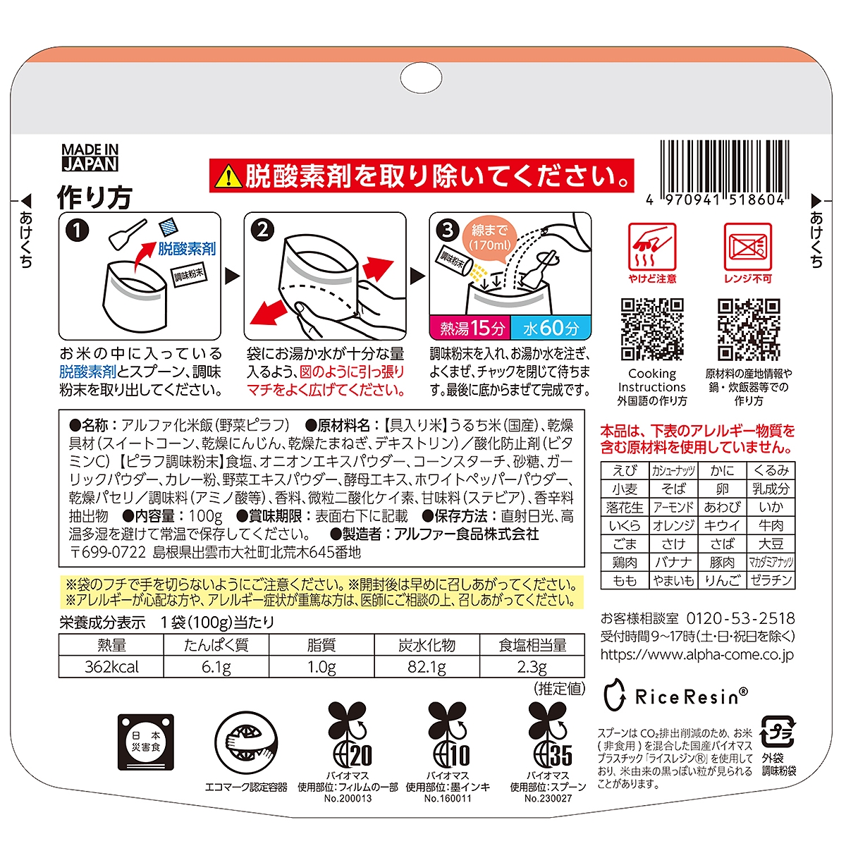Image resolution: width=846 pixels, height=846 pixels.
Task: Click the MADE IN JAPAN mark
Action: point(90,157)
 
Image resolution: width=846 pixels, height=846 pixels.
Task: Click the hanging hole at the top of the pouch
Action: point(422,78)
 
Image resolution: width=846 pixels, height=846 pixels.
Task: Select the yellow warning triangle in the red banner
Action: point(228,176)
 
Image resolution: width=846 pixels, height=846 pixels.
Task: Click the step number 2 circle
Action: point(262,230)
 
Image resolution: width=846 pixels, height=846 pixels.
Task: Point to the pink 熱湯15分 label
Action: point(470,328)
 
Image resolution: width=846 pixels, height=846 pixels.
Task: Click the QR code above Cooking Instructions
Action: point(652,329)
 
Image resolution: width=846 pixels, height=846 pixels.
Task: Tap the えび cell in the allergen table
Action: point(625,471)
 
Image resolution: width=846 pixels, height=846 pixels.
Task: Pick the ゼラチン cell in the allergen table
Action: point(771,580)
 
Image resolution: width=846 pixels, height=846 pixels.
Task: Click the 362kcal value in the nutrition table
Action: point(111,667)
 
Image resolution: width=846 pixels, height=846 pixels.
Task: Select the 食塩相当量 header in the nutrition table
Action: point(532,645)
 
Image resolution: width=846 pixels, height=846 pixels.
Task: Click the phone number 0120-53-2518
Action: point(741,618)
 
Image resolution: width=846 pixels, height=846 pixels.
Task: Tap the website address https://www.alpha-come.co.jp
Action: point(697,654)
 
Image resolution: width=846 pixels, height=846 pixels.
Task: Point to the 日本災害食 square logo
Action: point(146,742)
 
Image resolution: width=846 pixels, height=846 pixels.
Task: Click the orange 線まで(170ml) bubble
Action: point(489,237)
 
